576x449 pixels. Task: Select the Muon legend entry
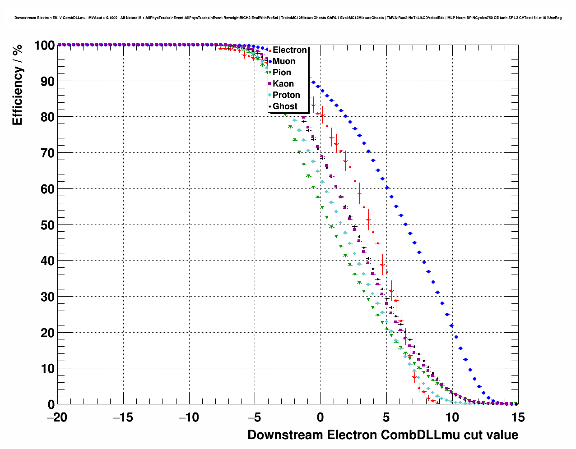click(x=284, y=61)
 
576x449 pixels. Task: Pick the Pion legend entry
click(x=282, y=73)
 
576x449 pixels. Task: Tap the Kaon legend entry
click(x=283, y=84)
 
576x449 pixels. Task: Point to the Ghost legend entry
click(x=285, y=106)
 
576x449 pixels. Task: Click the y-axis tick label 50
click(x=45, y=225)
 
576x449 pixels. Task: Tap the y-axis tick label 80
click(x=45, y=117)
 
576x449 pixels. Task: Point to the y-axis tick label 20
click(x=45, y=333)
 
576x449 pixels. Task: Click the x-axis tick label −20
click(x=57, y=418)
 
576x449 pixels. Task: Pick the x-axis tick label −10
click(x=189, y=418)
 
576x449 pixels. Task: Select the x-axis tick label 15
click(x=518, y=418)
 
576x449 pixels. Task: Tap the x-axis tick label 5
click(x=386, y=418)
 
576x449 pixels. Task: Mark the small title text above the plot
click(x=288, y=18)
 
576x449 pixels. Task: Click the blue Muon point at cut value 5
click(x=387, y=188)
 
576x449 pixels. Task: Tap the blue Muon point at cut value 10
click(x=451, y=325)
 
